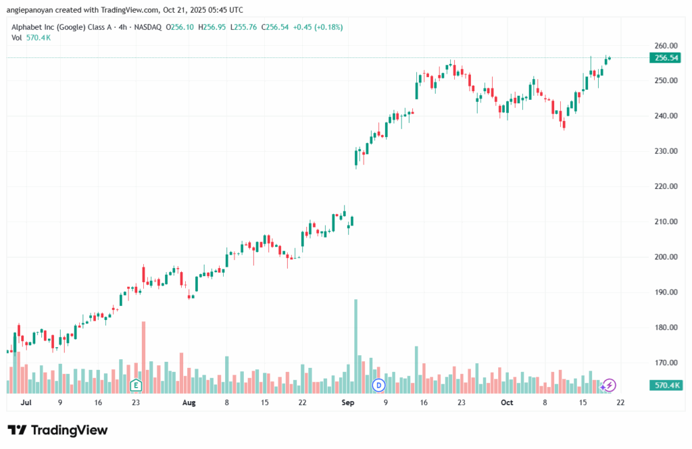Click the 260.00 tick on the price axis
(x=665, y=45)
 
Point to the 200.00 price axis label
(x=665, y=257)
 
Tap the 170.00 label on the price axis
(x=665, y=363)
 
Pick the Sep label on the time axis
(x=348, y=402)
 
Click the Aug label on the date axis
(x=189, y=402)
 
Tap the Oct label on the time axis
(x=507, y=402)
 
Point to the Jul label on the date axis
(x=26, y=402)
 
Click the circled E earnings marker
(x=136, y=386)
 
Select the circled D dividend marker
(x=378, y=386)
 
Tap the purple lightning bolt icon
(x=610, y=385)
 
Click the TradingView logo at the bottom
(x=57, y=430)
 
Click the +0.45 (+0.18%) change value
(x=318, y=27)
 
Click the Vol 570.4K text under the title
(x=31, y=38)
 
